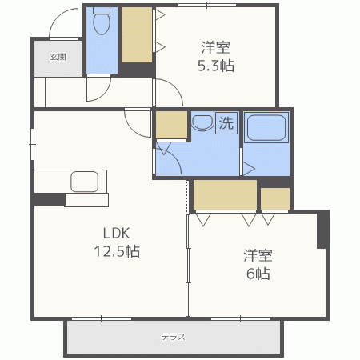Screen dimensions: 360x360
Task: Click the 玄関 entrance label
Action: coord(58,57)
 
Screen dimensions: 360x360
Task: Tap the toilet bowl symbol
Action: coord(102,22)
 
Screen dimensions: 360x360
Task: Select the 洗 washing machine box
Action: coord(226,122)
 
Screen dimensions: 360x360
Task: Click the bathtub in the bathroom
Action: coord(266,128)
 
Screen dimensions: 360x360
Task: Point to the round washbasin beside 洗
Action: coord(202,123)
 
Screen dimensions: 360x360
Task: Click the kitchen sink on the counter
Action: coord(84,182)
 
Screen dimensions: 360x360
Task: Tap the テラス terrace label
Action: coord(173,337)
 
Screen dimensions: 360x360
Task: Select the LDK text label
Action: coord(117,233)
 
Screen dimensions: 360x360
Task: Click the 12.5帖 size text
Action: coord(117,251)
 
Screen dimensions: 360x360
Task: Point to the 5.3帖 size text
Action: coord(216,66)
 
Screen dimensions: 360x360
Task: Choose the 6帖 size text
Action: coord(258,274)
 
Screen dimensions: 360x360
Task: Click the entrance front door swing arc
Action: coord(58,18)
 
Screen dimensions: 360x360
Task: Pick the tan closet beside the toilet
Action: coord(137,35)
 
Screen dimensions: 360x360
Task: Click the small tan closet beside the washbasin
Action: coord(171,125)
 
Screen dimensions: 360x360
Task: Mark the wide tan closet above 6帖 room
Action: coord(225,194)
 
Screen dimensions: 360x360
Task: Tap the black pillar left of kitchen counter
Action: coord(50,199)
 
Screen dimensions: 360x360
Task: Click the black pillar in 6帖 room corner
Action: coord(322,230)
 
